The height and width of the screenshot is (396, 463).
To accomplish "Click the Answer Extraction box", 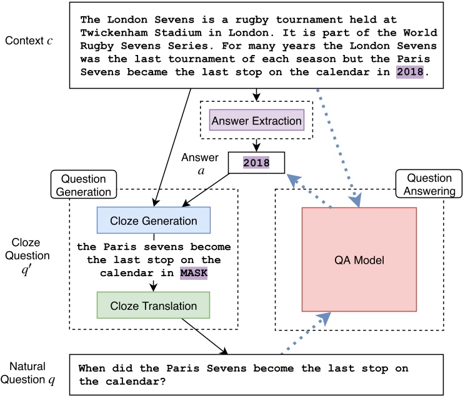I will pos(257,120).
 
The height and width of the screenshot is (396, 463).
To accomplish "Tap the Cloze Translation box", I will pos(153,306).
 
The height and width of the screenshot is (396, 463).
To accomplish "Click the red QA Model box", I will pos(359,259).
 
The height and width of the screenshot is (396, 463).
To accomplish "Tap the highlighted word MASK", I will pos(193,274).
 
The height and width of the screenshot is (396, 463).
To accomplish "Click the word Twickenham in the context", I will pos(111,32).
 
